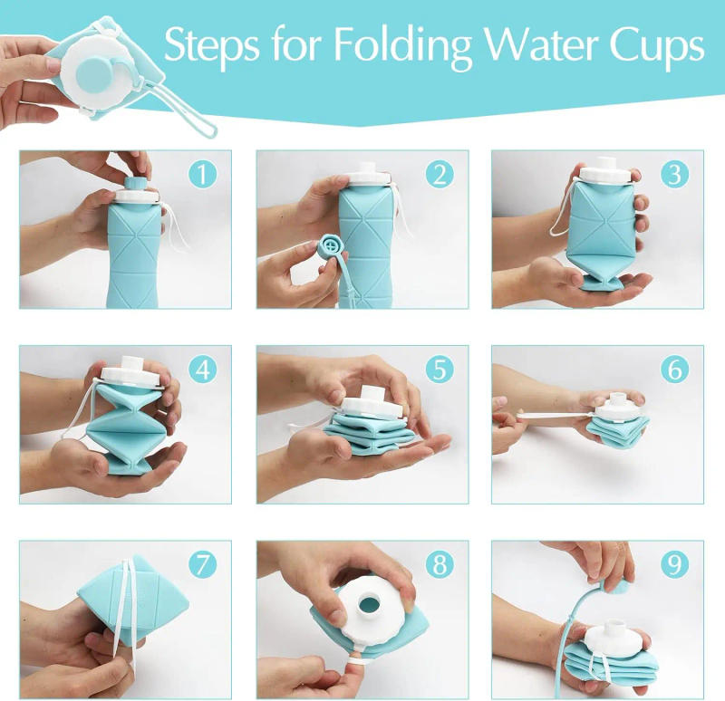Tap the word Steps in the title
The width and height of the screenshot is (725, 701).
click(211, 45)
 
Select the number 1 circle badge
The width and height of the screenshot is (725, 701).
click(203, 173)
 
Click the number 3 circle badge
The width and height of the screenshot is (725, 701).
click(674, 173)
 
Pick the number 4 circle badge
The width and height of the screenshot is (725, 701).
click(203, 370)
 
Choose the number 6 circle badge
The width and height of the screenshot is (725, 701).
click(674, 370)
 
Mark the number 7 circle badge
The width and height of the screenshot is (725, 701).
click(203, 565)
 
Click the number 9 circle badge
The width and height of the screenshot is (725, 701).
click(674, 565)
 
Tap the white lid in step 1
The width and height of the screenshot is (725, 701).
click(136, 191)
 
